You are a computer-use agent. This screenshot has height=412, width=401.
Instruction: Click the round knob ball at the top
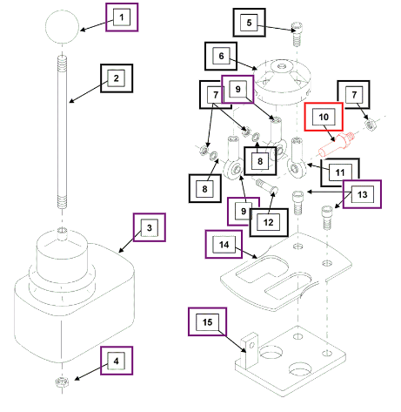click(x=62, y=27)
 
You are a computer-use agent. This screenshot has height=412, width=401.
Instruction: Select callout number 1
click(x=122, y=17)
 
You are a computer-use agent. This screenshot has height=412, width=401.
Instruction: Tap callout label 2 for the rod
click(x=117, y=78)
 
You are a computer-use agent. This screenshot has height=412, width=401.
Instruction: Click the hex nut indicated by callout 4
click(x=62, y=382)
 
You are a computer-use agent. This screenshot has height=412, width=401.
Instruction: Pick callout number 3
click(x=150, y=227)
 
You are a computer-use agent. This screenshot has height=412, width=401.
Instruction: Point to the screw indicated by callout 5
click(x=297, y=33)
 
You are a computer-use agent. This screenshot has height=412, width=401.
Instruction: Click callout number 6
click(x=221, y=56)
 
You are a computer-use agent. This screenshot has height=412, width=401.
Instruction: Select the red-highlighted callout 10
click(x=324, y=117)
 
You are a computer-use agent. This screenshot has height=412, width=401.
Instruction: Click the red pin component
click(x=337, y=144)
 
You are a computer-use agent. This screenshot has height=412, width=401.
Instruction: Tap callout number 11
click(x=340, y=172)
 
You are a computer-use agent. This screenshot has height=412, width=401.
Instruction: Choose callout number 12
click(x=269, y=222)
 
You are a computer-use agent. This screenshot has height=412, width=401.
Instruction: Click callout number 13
click(x=362, y=194)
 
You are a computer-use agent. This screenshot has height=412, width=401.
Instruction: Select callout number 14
click(x=224, y=245)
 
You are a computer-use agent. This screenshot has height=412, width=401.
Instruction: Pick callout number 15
click(x=207, y=321)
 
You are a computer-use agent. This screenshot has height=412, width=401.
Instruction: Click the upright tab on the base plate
click(x=249, y=350)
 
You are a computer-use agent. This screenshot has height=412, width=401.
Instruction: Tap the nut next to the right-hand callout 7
click(x=370, y=125)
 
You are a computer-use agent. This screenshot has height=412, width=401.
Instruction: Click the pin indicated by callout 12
click(x=267, y=186)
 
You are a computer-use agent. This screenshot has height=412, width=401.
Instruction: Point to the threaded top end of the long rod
click(x=62, y=63)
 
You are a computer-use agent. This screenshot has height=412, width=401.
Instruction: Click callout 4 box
click(x=117, y=361)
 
